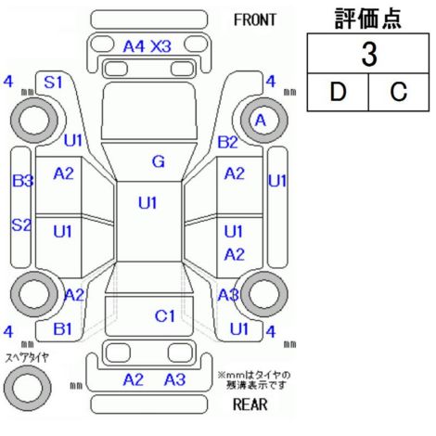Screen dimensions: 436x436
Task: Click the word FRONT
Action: [x=255, y=20]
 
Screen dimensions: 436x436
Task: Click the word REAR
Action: [x=250, y=404]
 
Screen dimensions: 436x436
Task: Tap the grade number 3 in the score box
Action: [x=369, y=55]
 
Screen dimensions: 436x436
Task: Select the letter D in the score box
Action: [x=338, y=92]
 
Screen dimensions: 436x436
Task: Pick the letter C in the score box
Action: [x=399, y=92]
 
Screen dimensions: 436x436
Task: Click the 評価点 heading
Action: [x=368, y=19]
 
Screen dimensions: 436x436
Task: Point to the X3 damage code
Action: [x=160, y=46]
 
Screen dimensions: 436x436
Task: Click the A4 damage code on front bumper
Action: [x=134, y=46]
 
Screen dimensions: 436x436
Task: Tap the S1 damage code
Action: [x=53, y=83]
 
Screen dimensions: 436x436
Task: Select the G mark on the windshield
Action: [x=159, y=161]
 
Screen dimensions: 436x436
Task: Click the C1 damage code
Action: [x=165, y=316]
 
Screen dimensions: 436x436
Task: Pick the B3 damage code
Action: [x=22, y=181]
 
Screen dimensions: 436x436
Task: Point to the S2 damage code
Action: [x=21, y=224]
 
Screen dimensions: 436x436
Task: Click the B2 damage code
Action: [x=228, y=142]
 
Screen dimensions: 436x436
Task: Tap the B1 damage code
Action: [x=62, y=329]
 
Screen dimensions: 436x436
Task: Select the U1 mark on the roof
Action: [x=147, y=203]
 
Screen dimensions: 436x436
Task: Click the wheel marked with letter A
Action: [x=264, y=121]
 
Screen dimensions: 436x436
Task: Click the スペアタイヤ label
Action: [x=27, y=358]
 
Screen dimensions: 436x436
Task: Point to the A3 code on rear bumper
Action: [x=174, y=379]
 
